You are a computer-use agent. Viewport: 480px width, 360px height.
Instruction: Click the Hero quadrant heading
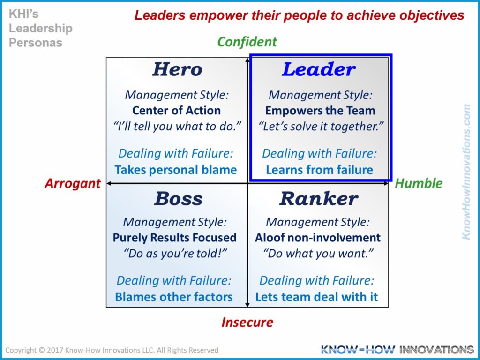pyautogui.click(x=177, y=70)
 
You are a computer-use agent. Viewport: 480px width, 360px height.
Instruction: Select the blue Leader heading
pyautogui.click(x=319, y=70)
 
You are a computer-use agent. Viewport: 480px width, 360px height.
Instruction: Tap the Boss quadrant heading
pyautogui.click(x=178, y=199)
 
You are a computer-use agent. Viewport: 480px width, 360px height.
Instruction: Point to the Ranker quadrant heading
pyautogui.click(x=319, y=199)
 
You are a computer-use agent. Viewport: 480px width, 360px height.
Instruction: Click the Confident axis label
pyautogui.click(x=247, y=42)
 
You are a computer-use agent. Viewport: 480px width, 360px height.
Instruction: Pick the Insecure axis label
pyautogui.click(x=247, y=322)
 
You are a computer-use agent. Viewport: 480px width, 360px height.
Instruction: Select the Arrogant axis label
pyautogui.click(x=73, y=183)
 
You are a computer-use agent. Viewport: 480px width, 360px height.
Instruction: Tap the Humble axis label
pyautogui.click(x=419, y=183)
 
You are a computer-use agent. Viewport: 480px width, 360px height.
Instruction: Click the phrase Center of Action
pyautogui.click(x=176, y=111)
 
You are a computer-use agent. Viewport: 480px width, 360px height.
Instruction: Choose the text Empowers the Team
pyautogui.click(x=320, y=111)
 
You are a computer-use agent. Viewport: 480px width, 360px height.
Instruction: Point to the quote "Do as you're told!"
pyautogui.click(x=175, y=254)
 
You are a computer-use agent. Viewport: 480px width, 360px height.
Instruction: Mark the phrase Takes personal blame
pyautogui.click(x=176, y=170)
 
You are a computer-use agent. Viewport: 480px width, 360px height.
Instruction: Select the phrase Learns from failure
pyautogui.click(x=320, y=170)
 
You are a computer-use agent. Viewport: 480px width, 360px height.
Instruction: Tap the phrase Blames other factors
pyautogui.click(x=174, y=297)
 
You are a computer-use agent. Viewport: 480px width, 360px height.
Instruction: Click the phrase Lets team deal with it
pyautogui.click(x=317, y=297)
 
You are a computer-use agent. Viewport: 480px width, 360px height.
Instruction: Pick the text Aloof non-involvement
pyautogui.click(x=318, y=238)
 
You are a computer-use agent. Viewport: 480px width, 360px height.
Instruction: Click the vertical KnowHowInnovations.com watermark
pyautogui.click(x=466, y=172)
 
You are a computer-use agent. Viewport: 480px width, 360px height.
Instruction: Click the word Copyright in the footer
pyautogui.click(x=21, y=350)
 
